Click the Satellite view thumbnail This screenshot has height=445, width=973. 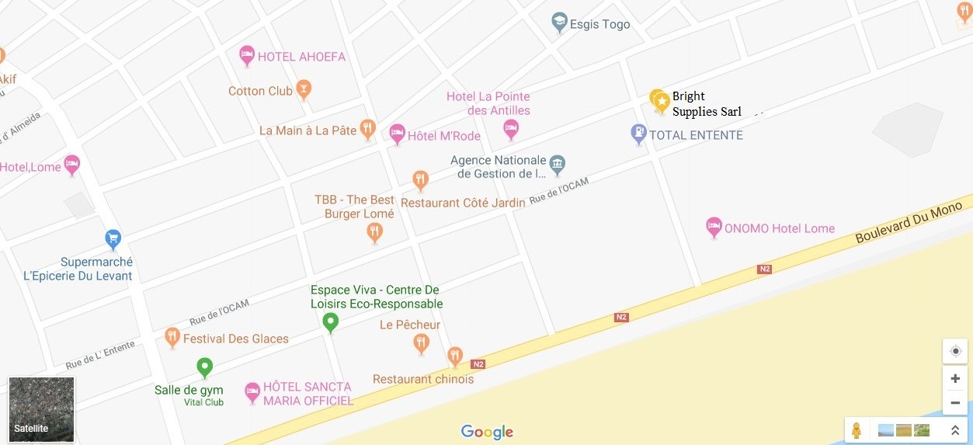[x=42, y=409]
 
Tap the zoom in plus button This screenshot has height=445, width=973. [x=955, y=379]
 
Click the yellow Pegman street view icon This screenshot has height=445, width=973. [x=857, y=430]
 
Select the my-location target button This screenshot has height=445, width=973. [x=955, y=351]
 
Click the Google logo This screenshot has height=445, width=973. [x=487, y=432]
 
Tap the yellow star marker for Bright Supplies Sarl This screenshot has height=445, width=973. [x=662, y=101]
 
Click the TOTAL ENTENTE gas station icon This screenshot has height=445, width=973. [x=638, y=134]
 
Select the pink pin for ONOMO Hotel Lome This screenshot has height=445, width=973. [x=714, y=228]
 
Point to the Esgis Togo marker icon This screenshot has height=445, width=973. [x=559, y=23]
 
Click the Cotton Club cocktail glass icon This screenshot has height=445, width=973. [x=304, y=90]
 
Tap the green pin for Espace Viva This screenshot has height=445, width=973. [x=331, y=322]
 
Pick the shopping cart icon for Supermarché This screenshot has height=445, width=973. [x=113, y=238]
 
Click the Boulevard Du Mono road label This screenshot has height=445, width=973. [x=909, y=222]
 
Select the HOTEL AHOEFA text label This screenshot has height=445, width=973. [x=301, y=57]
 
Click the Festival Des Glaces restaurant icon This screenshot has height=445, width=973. [x=172, y=337]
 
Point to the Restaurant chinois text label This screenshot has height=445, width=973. [x=423, y=379]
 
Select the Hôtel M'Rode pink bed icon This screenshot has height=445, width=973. [x=397, y=134]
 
